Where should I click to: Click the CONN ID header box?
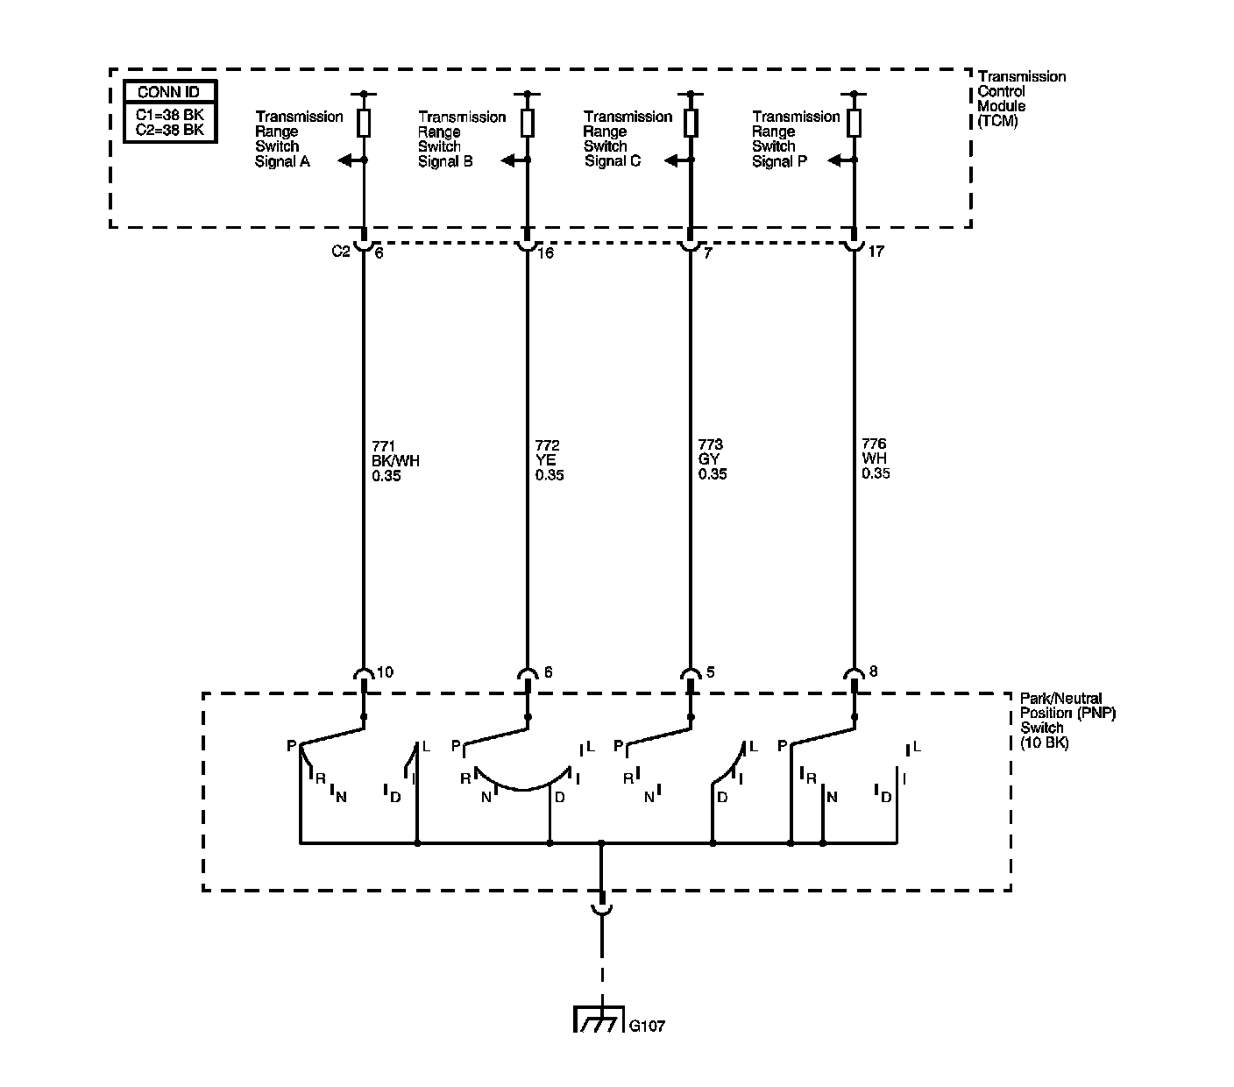point(169,92)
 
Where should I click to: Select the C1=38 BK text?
point(169,115)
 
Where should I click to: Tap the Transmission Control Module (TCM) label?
point(1021,99)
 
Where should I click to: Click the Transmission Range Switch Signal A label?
point(298,139)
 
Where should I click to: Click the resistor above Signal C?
point(691,122)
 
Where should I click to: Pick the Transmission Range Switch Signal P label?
point(796,139)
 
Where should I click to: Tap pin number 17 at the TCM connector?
point(876,252)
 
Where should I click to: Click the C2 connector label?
point(340,252)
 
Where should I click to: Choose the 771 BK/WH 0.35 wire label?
point(395,461)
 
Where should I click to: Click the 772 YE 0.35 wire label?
point(550,461)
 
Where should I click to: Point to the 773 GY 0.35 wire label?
point(713,460)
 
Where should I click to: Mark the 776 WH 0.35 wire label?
point(876,458)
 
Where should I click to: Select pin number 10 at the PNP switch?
point(384,672)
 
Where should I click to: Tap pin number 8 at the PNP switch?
point(874,672)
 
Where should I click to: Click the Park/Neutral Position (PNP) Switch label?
point(1067,720)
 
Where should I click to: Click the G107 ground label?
point(647,1026)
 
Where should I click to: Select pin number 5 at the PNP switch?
point(710,672)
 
